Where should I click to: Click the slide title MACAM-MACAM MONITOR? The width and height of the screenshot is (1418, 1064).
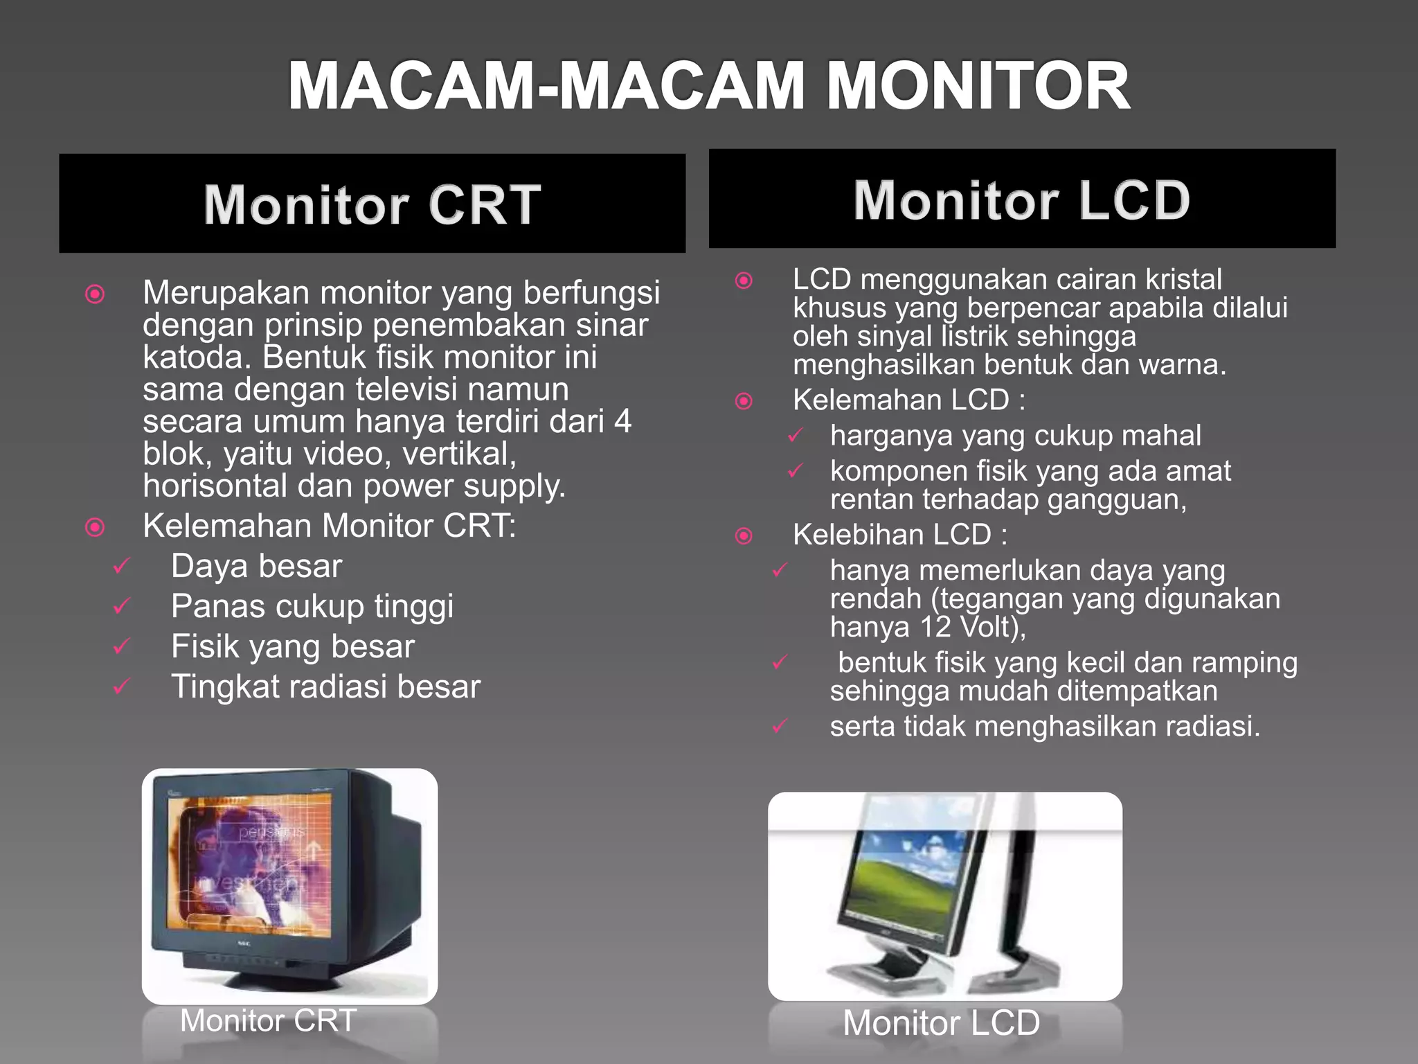click(709, 86)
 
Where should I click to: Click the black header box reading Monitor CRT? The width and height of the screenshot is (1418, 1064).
click(373, 204)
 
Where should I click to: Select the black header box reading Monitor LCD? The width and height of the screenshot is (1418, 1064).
click(1022, 199)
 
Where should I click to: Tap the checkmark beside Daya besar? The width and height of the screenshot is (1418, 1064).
click(122, 567)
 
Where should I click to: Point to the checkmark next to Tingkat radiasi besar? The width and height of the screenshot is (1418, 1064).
click(122, 687)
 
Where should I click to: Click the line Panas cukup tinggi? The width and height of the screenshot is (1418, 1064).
click(312, 607)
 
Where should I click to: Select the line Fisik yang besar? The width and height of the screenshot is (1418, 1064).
click(293, 647)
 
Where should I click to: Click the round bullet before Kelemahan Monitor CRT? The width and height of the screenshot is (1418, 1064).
click(95, 528)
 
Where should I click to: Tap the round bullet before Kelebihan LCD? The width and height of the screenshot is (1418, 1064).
click(744, 535)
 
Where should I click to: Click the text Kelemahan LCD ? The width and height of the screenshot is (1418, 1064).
click(908, 400)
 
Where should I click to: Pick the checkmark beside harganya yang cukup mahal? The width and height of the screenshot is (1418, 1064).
click(796, 436)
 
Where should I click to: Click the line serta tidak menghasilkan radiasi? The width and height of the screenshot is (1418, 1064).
click(1045, 727)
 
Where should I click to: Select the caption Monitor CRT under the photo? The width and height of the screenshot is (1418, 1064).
click(268, 1020)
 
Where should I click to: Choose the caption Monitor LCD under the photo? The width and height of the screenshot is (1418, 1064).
click(941, 1023)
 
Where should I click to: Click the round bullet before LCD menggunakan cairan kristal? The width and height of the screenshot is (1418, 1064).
click(744, 281)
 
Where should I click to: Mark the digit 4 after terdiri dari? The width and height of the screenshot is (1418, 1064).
click(622, 422)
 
